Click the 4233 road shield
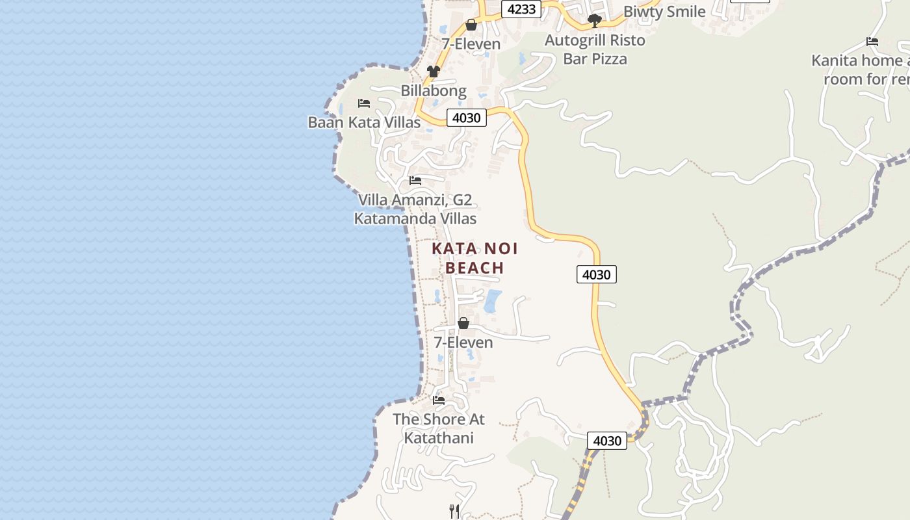click(521, 9)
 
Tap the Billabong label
click(434, 90)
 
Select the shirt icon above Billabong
click(434, 71)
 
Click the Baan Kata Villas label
click(364, 122)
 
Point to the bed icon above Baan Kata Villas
click(364, 103)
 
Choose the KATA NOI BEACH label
click(475, 258)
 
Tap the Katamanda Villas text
click(415, 218)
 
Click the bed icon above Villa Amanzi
click(415, 180)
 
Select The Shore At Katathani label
click(439, 428)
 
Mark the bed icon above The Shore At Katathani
click(439, 400)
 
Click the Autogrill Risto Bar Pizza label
click(595, 49)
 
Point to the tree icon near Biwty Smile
click(594, 21)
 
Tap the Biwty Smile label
click(664, 12)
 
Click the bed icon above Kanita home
click(872, 42)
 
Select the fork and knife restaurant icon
click(454, 512)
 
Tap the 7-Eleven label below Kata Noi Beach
click(463, 342)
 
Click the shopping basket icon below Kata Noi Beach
click(463, 323)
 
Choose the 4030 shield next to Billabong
click(466, 118)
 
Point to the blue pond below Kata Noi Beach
click(493, 301)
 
